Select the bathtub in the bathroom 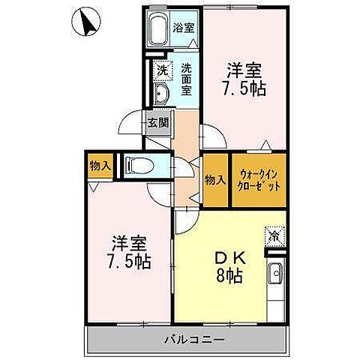[x=158, y=31]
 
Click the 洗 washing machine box [x=161, y=70]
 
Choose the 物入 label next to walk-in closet [x=215, y=179]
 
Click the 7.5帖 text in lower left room [x=130, y=262]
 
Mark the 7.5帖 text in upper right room [x=246, y=89]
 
